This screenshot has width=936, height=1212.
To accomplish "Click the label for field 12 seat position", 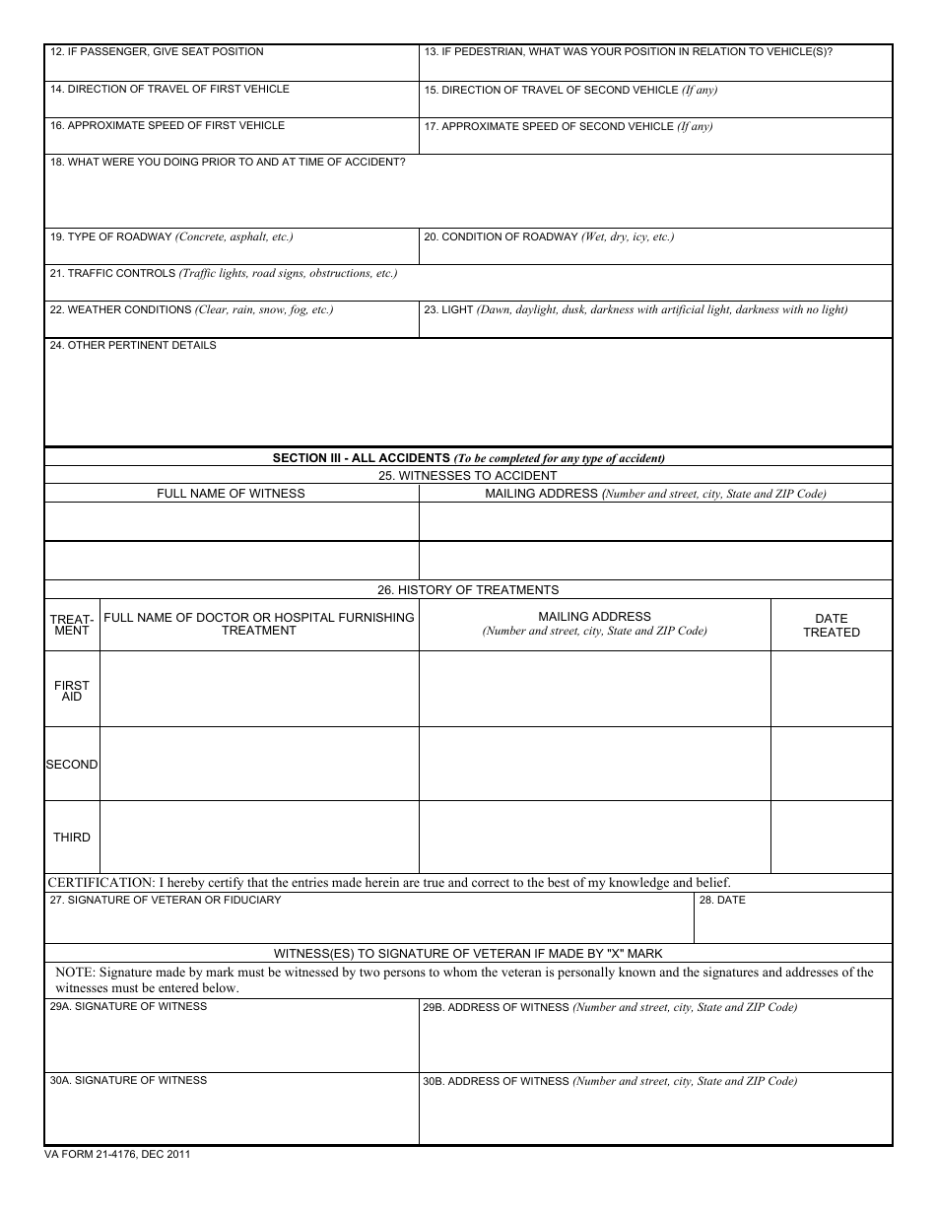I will click(157, 51).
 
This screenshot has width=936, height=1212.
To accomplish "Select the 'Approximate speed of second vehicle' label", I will click(568, 126).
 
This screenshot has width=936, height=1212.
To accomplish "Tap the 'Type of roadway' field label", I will click(171, 236).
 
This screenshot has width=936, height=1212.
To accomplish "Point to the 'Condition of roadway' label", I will click(549, 236).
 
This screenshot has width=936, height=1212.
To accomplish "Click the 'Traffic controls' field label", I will click(224, 273).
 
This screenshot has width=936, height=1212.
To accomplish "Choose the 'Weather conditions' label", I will click(192, 309).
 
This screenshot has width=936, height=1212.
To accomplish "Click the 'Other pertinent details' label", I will click(133, 345).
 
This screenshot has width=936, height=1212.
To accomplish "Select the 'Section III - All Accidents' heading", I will click(468, 458).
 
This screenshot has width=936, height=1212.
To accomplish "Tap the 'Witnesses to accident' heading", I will click(468, 476).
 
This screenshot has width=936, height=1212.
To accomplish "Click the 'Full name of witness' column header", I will click(232, 494).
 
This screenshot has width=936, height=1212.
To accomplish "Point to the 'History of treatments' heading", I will click(468, 590).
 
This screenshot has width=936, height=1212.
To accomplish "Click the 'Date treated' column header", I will click(832, 626).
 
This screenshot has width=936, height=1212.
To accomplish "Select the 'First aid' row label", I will click(72, 691).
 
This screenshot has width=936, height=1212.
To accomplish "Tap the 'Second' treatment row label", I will click(72, 765).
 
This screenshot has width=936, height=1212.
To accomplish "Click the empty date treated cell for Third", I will click(832, 838).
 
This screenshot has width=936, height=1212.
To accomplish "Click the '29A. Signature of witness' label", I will click(128, 1007).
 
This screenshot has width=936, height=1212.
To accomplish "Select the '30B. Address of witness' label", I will click(610, 1081).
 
